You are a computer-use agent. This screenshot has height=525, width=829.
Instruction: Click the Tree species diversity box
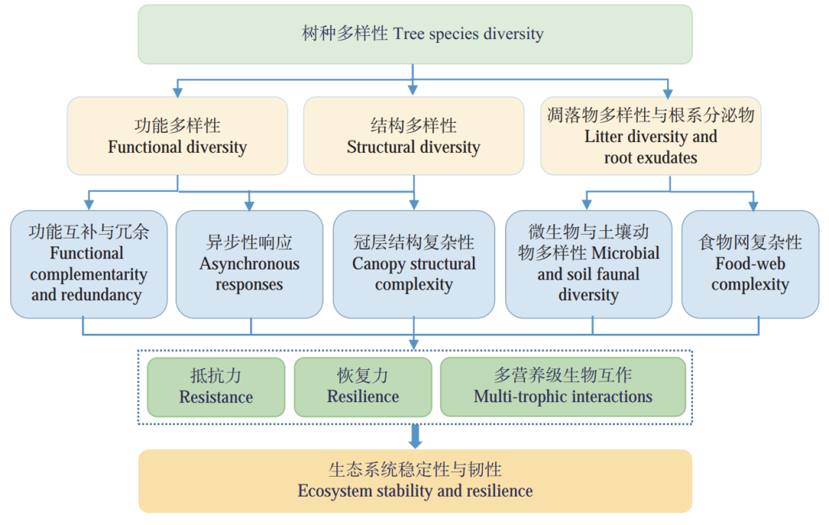pyautogui.click(x=414, y=35)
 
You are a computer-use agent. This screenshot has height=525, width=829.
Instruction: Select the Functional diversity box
pyautogui.click(x=177, y=136)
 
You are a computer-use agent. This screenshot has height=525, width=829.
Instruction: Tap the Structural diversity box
pyautogui.click(x=414, y=136)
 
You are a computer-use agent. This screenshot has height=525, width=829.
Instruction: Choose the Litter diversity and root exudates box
pyautogui.click(x=651, y=136)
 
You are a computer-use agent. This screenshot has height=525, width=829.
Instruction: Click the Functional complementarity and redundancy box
pyautogui.click(x=89, y=264)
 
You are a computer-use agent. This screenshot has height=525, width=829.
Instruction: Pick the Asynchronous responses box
pyautogui.click(x=249, y=264)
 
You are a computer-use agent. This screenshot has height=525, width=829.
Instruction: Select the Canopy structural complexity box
pyautogui.click(x=414, y=264)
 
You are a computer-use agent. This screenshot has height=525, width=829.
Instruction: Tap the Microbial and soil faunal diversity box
pyautogui.click(x=589, y=264)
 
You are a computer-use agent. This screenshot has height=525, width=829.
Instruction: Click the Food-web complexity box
pyautogui.click(x=750, y=264)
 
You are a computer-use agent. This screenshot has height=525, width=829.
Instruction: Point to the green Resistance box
pyautogui.click(x=216, y=387)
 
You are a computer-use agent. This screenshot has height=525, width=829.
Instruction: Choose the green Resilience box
pyautogui.click(x=363, y=387)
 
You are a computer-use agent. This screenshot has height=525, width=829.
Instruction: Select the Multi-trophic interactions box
pyautogui.click(x=563, y=387)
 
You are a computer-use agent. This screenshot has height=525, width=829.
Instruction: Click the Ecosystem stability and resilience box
pyautogui.click(x=414, y=481)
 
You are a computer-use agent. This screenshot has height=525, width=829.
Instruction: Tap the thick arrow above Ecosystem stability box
pyautogui.click(x=415, y=437)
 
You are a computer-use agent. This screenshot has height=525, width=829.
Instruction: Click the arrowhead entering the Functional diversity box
pyautogui.click(x=177, y=91)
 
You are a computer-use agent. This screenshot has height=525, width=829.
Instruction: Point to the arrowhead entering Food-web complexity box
pyautogui.click(x=753, y=206)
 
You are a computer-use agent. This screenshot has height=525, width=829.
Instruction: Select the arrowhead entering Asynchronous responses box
pyautogui.click(x=249, y=206)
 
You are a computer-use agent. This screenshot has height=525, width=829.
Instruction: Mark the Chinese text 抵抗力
pyautogui.click(x=216, y=376)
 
